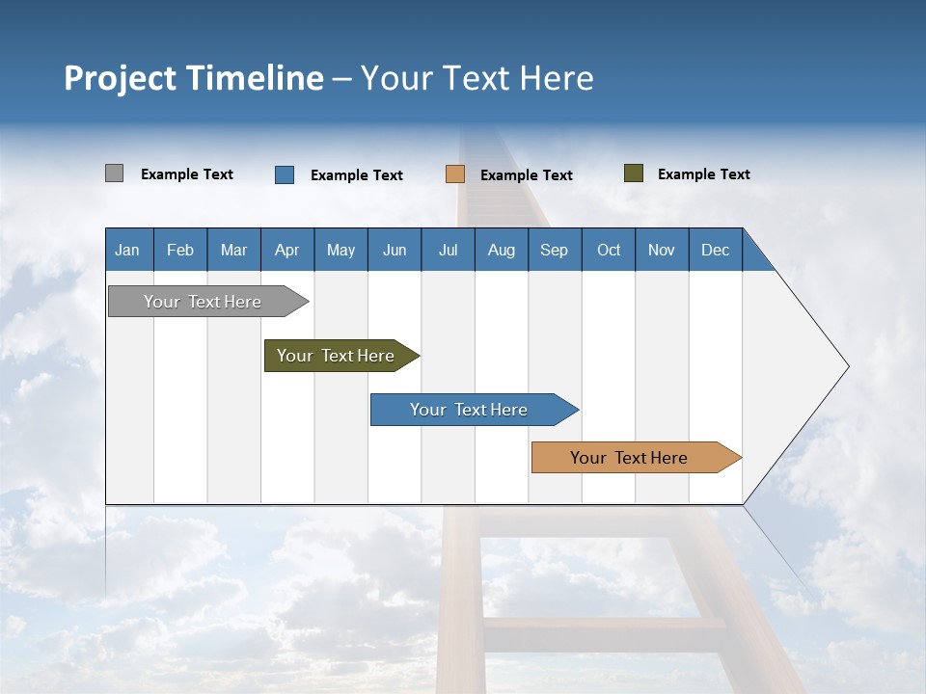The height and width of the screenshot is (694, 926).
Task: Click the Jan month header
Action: pyautogui.click(x=127, y=250)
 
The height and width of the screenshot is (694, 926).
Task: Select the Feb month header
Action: pyautogui.click(x=180, y=250)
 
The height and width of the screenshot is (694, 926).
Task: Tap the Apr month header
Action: pyautogui.click(x=286, y=250)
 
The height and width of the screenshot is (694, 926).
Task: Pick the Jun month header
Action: pyautogui.click(x=395, y=250)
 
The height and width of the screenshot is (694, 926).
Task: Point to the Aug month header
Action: pyautogui.click(x=501, y=250)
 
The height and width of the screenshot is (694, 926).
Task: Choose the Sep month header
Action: pyautogui.click(x=554, y=250)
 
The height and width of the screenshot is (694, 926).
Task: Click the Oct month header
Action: pyautogui.click(x=609, y=250)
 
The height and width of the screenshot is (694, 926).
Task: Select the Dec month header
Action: pyautogui.click(x=715, y=250)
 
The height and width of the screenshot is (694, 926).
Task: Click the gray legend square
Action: pyautogui.click(x=114, y=173)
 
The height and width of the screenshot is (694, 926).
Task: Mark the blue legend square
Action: pyautogui.click(x=285, y=174)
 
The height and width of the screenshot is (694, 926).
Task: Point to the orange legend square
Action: pyautogui.click(x=455, y=174)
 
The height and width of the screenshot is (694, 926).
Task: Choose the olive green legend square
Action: pyautogui.click(x=633, y=173)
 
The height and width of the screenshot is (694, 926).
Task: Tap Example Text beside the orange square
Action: pyautogui.click(x=527, y=175)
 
